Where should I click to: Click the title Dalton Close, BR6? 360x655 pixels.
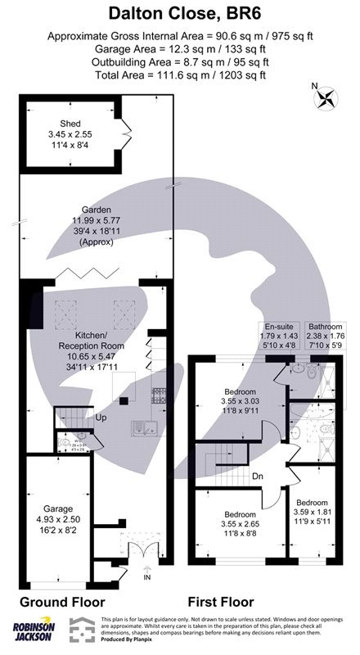(x=179, y=13)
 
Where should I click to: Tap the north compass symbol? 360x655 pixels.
(x=326, y=97)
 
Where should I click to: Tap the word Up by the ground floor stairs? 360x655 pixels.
(x=100, y=417)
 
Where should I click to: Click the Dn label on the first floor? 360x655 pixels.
(x=256, y=476)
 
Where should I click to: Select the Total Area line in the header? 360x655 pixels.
(x=179, y=75)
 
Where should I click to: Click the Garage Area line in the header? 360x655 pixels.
(x=179, y=49)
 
